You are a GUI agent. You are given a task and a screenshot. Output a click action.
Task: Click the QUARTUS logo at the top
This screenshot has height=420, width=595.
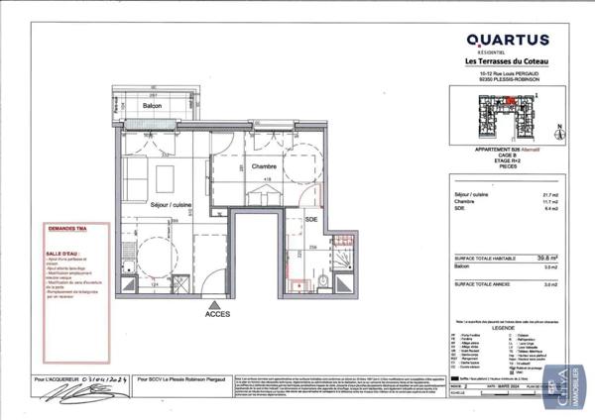[507, 40]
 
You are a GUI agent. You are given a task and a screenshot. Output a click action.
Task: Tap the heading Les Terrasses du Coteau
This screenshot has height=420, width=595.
[507, 61]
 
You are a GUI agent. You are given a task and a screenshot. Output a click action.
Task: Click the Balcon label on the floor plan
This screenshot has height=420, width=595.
[152, 105]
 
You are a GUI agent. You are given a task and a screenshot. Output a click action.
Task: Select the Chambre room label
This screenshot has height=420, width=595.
[263, 166]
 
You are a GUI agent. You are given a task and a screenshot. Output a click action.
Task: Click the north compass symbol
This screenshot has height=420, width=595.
[558, 130]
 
